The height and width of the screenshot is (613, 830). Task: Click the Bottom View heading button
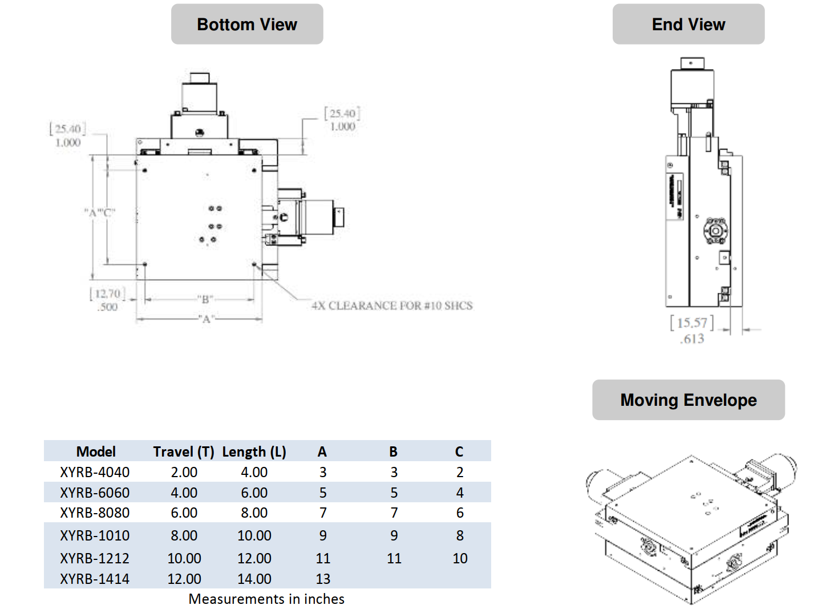pos(247,25)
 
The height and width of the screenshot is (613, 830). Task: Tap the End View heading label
pos(688,25)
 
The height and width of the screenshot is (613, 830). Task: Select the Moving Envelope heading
pos(688,400)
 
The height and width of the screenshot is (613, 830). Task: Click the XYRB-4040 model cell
pos(95,473)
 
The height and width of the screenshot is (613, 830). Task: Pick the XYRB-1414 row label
pos(95,579)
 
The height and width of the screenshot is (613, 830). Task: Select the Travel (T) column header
pos(183,452)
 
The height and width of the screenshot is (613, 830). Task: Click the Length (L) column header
pos(254,452)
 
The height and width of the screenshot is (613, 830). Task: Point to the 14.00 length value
pos(254,579)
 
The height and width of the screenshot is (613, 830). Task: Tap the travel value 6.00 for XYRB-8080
pos(184,513)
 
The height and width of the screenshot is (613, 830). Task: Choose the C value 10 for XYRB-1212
pos(460,558)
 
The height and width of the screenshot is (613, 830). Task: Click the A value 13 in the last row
pos(323,579)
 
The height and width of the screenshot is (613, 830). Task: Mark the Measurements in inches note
pos(266,599)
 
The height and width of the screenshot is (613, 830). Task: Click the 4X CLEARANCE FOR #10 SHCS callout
pos(392,306)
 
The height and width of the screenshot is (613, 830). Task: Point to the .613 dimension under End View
pos(692,339)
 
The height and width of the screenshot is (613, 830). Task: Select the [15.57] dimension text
pos(691,323)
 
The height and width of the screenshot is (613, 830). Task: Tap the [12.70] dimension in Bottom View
pos(107,294)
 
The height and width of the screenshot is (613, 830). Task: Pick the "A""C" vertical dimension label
pos(100,213)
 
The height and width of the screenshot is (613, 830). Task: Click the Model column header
pos(96,452)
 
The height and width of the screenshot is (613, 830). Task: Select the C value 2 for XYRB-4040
pos(460,473)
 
